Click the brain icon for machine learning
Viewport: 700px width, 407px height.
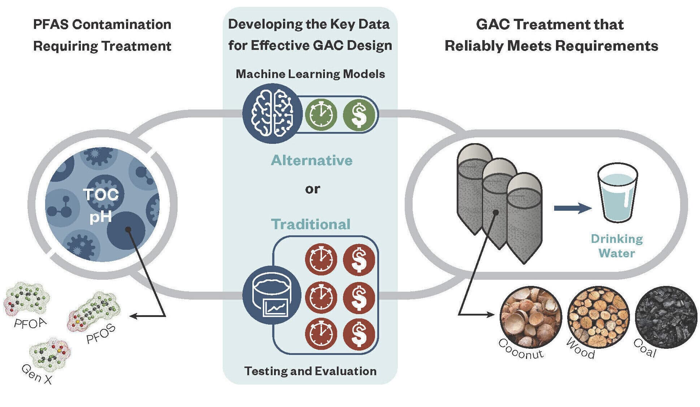pyautogui.click(x=272, y=113)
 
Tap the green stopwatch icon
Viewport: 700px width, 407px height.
pyautogui.click(x=321, y=115)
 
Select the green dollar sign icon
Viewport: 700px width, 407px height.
pyautogui.click(x=358, y=115)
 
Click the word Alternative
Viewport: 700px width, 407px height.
pyautogui.click(x=312, y=160)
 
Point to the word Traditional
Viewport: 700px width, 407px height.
pyautogui.click(x=310, y=224)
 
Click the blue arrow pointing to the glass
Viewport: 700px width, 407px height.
pyautogui.click(x=572, y=208)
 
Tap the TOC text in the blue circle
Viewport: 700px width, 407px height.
pyautogui.click(x=101, y=195)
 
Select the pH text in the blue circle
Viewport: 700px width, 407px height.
pyautogui.click(x=100, y=217)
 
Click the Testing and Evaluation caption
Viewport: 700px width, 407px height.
pyautogui.click(x=310, y=371)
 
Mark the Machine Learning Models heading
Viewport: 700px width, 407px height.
pyautogui.click(x=310, y=74)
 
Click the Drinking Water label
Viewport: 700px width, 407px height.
pyautogui.click(x=617, y=246)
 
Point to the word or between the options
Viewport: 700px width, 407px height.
pyautogui.click(x=312, y=189)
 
